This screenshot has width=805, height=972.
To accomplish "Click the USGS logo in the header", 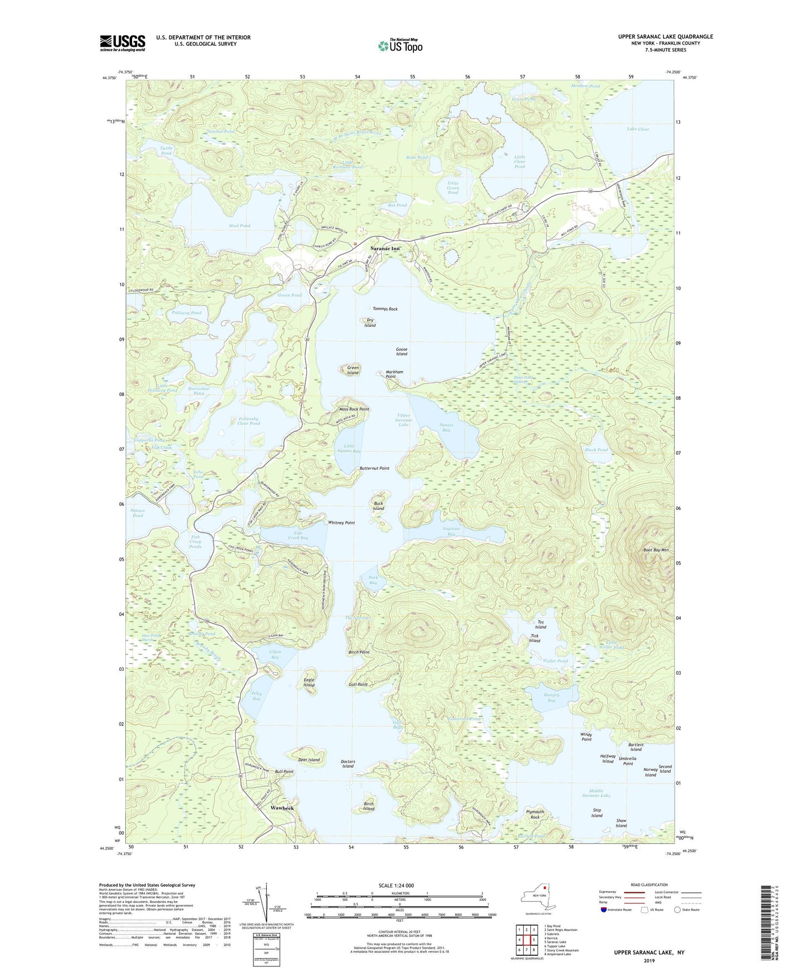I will (x=123, y=43).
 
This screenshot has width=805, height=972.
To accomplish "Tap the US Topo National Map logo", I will (x=400, y=46).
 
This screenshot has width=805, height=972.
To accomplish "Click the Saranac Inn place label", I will (x=386, y=248).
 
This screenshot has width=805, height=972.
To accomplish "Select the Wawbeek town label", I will (x=282, y=807).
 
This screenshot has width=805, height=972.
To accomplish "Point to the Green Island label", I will (x=353, y=370).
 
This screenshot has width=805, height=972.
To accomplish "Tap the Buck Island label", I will (x=378, y=506).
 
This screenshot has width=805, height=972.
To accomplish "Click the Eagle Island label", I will (x=309, y=683).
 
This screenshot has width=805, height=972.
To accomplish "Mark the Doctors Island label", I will (x=348, y=764).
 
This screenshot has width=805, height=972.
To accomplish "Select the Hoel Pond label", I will (x=240, y=225).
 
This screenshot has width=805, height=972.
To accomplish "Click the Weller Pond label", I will (x=555, y=661).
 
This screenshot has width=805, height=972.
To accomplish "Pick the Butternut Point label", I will (x=374, y=468).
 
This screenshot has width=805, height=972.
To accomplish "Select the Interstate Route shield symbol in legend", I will (x=606, y=910).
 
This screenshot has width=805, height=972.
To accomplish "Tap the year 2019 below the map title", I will (x=649, y=961).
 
